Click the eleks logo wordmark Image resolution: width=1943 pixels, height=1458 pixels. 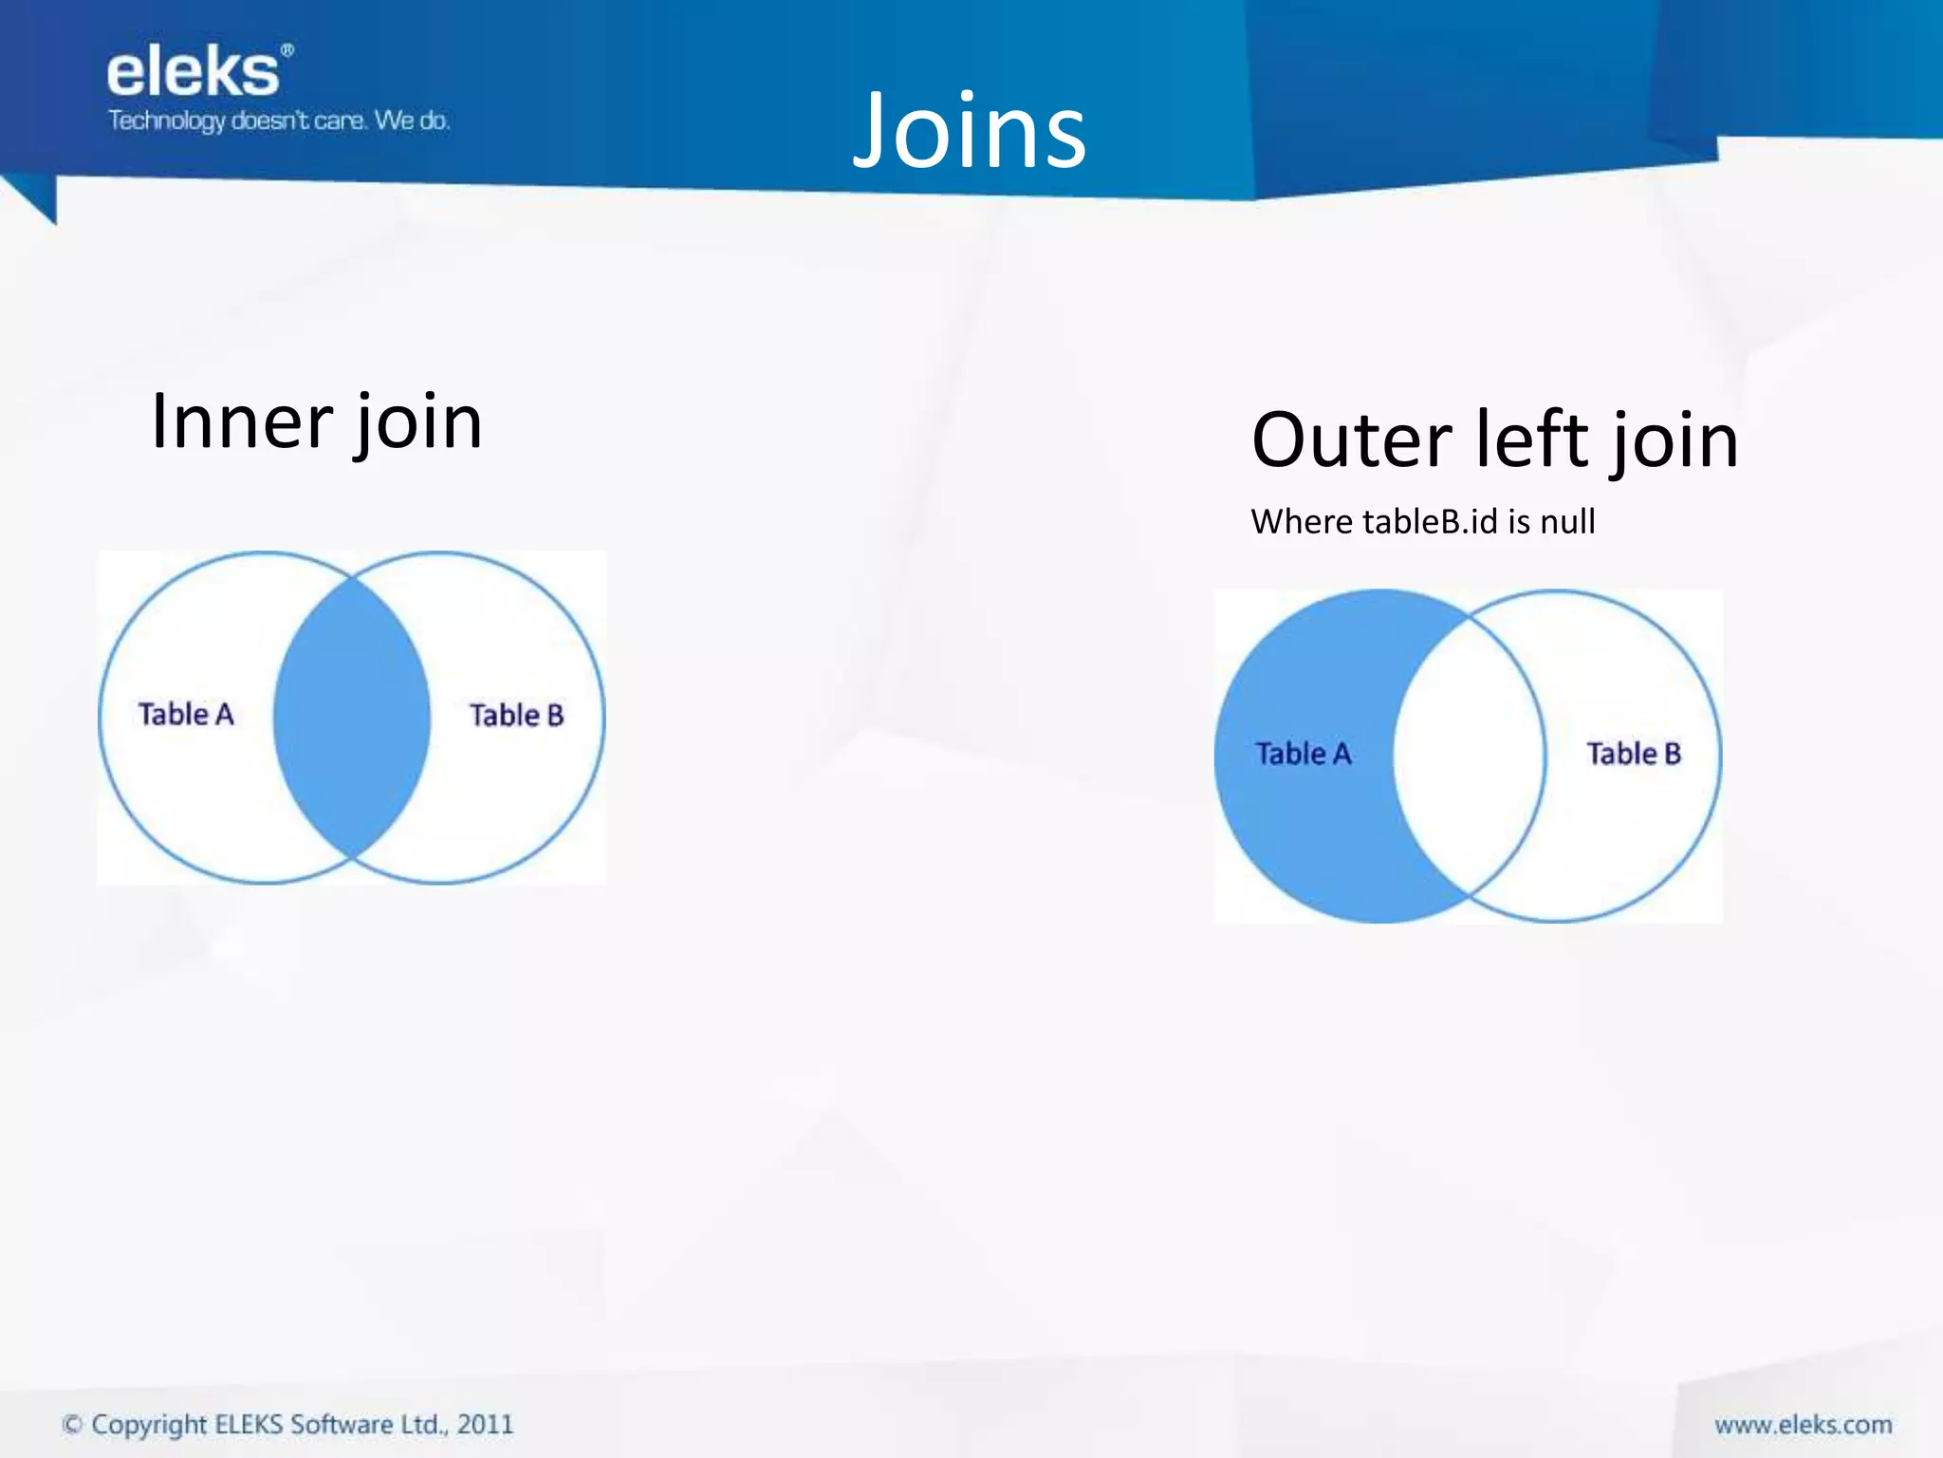tap(193, 73)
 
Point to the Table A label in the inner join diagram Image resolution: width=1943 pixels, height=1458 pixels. tap(186, 714)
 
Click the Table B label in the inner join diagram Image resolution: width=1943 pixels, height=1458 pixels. tap(517, 715)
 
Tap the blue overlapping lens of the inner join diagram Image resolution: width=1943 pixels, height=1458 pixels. tap(352, 718)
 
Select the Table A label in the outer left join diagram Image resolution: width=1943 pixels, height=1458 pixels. tap(1303, 754)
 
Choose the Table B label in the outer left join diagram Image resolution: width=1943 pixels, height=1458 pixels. tap(1634, 754)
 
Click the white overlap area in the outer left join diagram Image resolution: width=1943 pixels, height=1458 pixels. tap(1469, 756)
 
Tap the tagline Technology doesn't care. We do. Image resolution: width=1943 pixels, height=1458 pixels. tap(279, 121)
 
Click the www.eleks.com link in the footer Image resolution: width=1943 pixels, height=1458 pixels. tap(1803, 1425)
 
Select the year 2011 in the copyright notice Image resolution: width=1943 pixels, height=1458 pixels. tap(485, 1425)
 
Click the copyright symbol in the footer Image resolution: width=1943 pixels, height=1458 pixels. tap(72, 1425)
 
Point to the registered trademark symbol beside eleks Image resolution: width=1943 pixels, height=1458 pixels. tap(287, 49)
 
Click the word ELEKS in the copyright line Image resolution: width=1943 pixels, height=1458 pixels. tap(249, 1425)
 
